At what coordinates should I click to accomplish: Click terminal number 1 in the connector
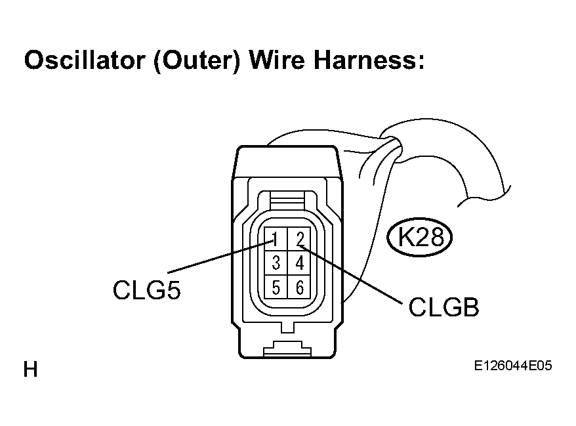click(x=276, y=239)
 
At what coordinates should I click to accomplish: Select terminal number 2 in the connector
click(x=300, y=239)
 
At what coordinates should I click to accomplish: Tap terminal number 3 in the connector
click(x=276, y=263)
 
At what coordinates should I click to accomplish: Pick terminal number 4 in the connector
click(x=300, y=263)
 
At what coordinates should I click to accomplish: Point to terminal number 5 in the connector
click(x=276, y=287)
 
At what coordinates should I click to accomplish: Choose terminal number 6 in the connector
click(x=300, y=287)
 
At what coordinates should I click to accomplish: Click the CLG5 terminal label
click(x=146, y=290)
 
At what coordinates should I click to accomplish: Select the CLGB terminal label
click(x=443, y=307)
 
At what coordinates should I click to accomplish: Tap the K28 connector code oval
click(x=419, y=237)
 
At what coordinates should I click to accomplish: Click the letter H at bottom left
click(x=30, y=369)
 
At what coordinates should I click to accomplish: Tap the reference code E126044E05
click(x=513, y=366)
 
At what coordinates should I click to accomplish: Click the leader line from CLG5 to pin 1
click(x=221, y=256)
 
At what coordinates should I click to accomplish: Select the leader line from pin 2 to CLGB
click(x=351, y=274)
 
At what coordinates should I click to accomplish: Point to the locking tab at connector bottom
click(x=287, y=348)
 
